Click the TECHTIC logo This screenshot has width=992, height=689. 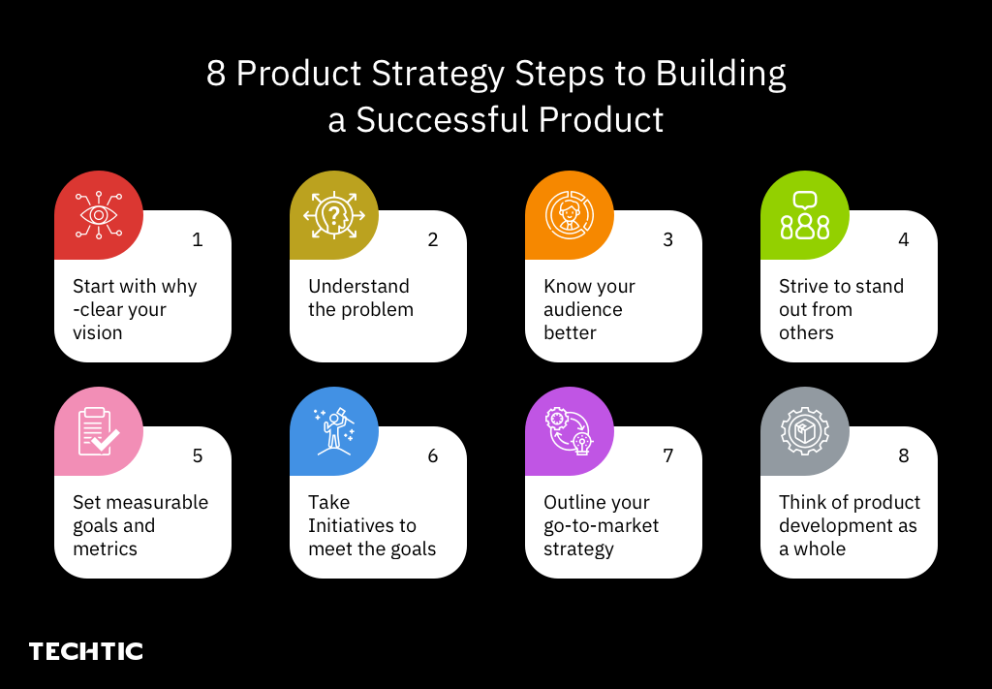click(x=86, y=651)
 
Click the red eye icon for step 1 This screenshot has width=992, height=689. click(x=99, y=215)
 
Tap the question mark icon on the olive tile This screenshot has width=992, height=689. click(x=334, y=215)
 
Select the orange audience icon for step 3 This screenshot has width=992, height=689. click(x=570, y=215)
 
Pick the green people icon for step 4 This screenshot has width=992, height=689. click(x=805, y=215)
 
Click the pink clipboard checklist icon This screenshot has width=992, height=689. click(x=99, y=431)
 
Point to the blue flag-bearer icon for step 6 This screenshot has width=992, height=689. click(x=334, y=431)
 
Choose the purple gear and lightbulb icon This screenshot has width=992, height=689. click(x=570, y=431)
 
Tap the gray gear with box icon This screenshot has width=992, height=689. click(x=805, y=431)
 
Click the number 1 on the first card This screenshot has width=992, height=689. click(x=198, y=239)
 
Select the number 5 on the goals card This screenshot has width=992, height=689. click(x=198, y=455)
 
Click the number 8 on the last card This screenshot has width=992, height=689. click(x=904, y=455)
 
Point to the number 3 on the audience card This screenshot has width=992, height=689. click(x=668, y=239)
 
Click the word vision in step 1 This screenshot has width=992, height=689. click(x=98, y=332)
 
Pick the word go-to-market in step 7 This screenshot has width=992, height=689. click(x=601, y=525)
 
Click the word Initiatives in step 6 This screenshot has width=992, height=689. click(x=362, y=525)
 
